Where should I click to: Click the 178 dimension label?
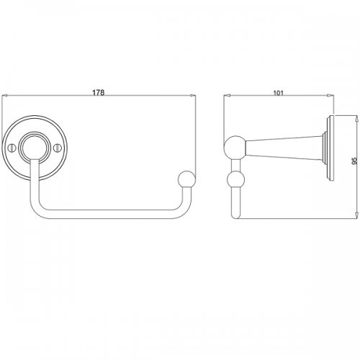coord(99,92)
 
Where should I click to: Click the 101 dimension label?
coord(279,93)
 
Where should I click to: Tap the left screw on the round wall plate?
coord(12,148)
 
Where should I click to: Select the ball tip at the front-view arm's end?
coord(187,179)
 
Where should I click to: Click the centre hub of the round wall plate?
coord(35,147)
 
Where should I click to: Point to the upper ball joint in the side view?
coord(235,147)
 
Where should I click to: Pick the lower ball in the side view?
coord(235,180)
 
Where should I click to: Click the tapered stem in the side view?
coord(284,148)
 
